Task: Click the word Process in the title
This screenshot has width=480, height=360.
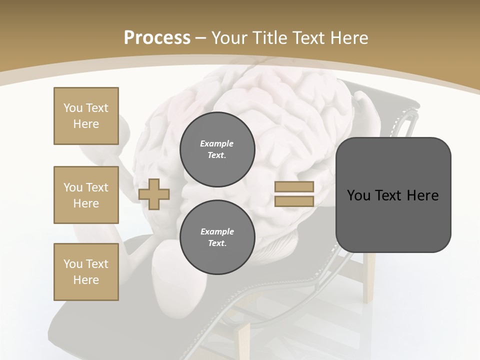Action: (x=157, y=38)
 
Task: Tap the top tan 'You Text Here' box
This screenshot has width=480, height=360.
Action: (x=86, y=116)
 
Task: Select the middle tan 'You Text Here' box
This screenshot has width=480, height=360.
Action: (x=86, y=195)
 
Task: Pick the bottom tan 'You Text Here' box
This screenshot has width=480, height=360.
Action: (x=86, y=272)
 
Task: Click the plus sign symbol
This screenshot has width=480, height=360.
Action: (x=154, y=194)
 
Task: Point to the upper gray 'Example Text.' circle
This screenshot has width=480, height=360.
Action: (x=217, y=149)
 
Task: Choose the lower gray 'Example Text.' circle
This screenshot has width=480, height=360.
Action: (x=217, y=237)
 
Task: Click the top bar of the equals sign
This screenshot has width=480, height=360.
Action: (x=294, y=187)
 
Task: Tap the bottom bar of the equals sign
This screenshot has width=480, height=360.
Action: (x=294, y=201)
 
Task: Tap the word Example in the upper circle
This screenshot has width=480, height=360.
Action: (x=217, y=143)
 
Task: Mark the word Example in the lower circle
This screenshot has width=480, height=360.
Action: (x=217, y=231)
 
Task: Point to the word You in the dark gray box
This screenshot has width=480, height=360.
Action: (x=358, y=195)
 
